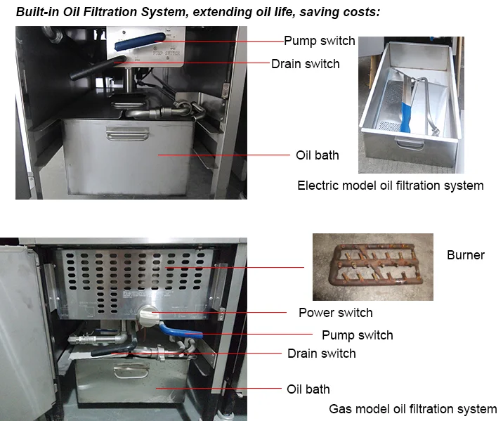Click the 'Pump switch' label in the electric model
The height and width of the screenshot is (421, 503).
pyautogui.click(x=320, y=41)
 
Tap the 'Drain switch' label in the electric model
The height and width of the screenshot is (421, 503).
pyautogui.click(x=306, y=64)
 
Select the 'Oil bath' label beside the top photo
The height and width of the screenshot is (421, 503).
pyautogui.click(x=317, y=155)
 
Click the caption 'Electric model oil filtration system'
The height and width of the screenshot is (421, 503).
pyautogui.click(x=391, y=186)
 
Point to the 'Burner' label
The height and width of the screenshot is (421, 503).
pyautogui.click(x=466, y=255)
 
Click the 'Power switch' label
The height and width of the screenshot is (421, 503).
pyautogui.click(x=336, y=312)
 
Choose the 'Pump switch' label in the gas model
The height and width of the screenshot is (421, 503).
pyautogui.click(x=358, y=335)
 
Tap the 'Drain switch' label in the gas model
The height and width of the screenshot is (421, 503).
pyautogui.click(x=322, y=353)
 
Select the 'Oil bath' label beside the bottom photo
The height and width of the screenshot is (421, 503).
pyautogui.click(x=308, y=389)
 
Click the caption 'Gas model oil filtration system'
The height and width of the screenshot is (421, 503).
pyautogui.click(x=413, y=409)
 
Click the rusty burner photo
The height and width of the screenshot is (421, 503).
pyautogui.click(x=372, y=267)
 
